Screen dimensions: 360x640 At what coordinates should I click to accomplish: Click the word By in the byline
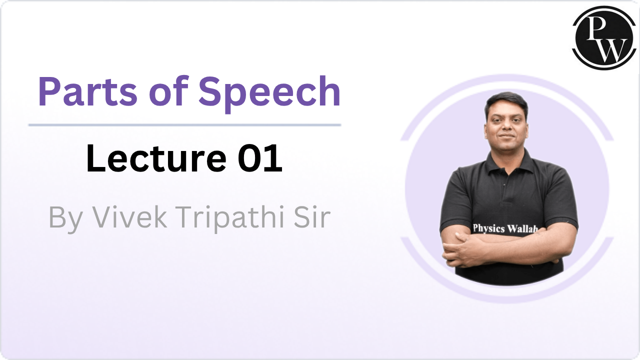pos(65,218)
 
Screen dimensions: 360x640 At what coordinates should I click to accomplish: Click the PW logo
pos(603,38)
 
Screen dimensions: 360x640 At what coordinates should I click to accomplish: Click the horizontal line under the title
pos(184,124)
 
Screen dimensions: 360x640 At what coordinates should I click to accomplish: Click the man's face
pos(506,128)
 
